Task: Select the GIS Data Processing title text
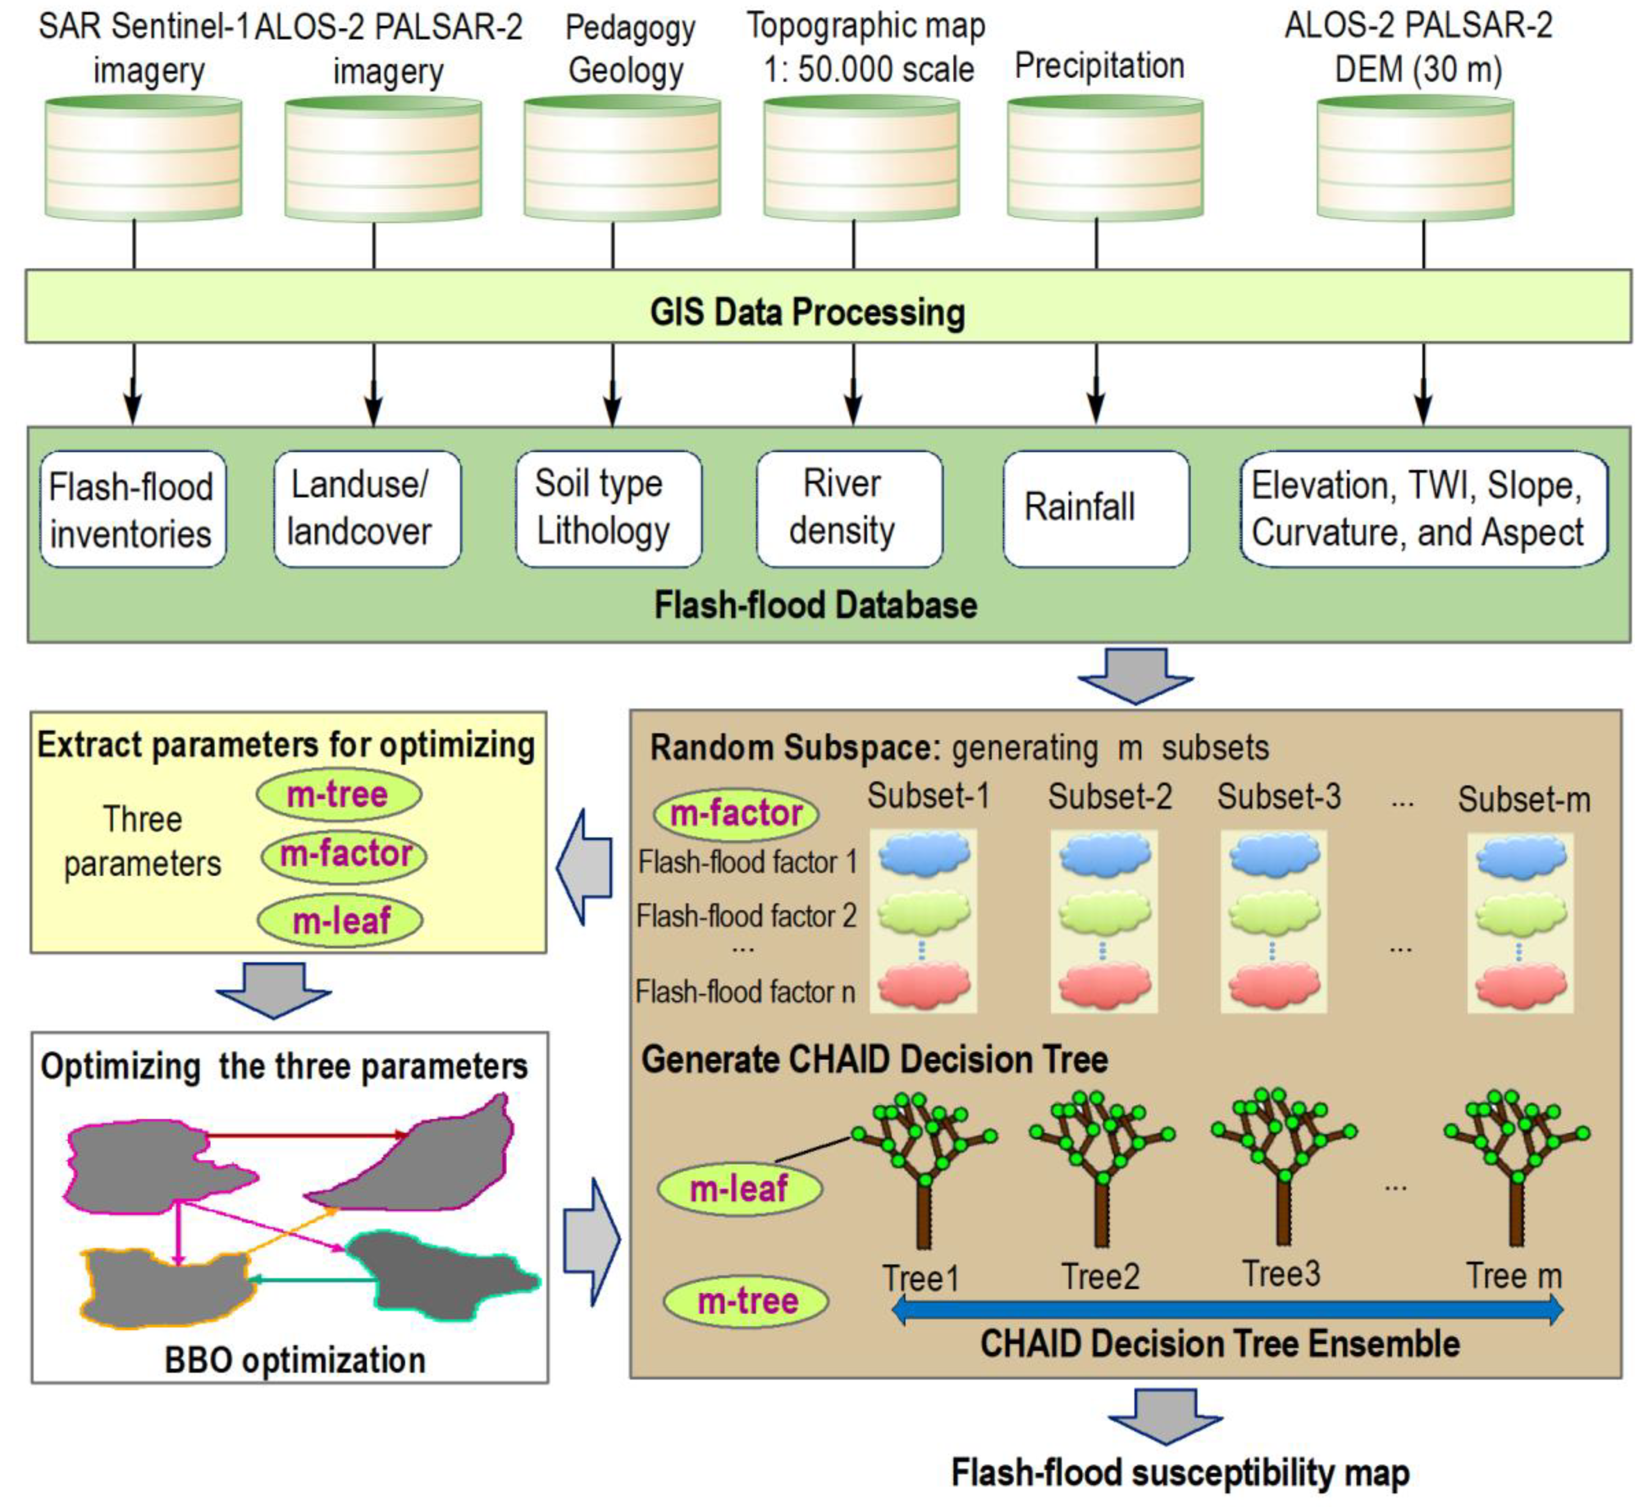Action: pos(807,312)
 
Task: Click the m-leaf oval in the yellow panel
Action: pos(340,922)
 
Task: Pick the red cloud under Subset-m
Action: pos(1520,987)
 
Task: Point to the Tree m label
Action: pos(1514,1276)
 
